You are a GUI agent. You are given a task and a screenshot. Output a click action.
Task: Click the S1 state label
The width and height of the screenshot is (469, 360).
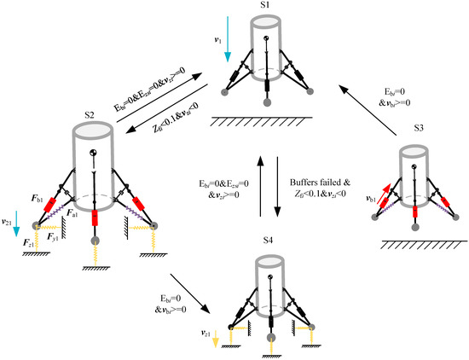click(265, 7)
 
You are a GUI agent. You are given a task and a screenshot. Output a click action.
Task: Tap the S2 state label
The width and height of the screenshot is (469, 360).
click(88, 113)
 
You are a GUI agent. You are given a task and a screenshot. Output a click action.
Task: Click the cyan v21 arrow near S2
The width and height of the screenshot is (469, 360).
click(17, 228)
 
